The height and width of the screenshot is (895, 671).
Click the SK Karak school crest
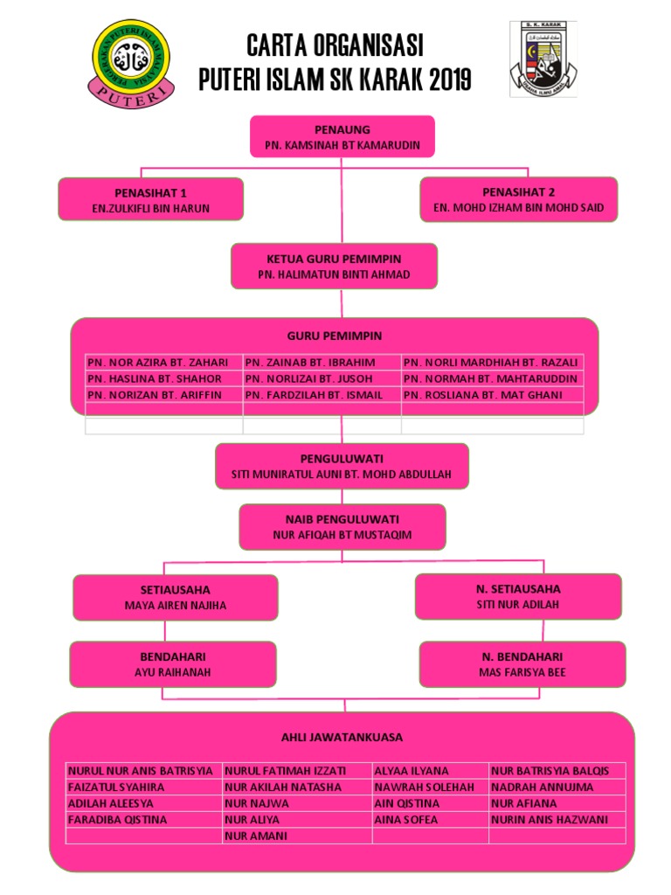click(x=543, y=59)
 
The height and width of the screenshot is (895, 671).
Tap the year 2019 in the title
click(x=446, y=80)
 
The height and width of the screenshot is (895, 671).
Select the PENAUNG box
click(x=342, y=136)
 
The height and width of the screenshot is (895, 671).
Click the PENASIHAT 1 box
click(x=151, y=199)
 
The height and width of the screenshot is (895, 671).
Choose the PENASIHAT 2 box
click(x=518, y=199)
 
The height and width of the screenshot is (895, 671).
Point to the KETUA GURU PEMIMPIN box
click(x=334, y=266)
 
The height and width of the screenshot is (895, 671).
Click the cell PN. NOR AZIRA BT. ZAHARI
click(x=158, y=362)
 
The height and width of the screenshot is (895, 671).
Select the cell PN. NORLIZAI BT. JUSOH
click(x=309, y=378)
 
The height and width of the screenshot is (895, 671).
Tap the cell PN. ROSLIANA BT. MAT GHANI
click(x=482, y=395)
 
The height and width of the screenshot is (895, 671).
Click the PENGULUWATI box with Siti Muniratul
click(x=342, y=466)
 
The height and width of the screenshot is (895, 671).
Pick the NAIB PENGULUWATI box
click(x=342, y=526)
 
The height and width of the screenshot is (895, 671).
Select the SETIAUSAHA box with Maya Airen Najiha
click(x=175, y=597)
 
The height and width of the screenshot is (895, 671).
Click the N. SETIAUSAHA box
click(x=518, y=596)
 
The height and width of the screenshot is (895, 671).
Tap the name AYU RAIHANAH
click(x=173, y=673)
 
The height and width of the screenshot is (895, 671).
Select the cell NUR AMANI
click(x=252, y=836)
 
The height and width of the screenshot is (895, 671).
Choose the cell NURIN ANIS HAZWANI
click(x=550, y=820)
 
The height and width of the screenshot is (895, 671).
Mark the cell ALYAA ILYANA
click(x=412, y=771)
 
